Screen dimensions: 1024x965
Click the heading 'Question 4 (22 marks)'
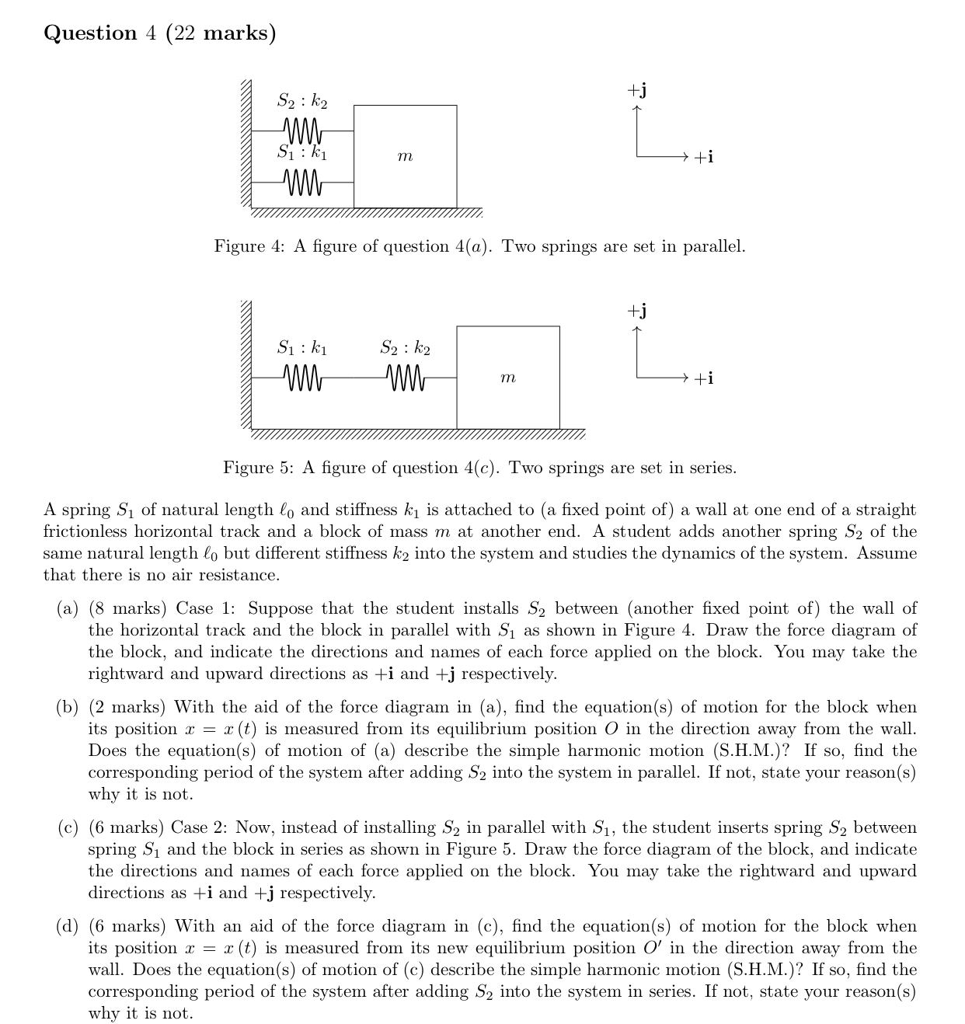(x=159, y=33)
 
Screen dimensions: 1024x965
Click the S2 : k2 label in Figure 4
(x=302, y=100)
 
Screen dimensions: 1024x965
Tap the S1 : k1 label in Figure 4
(x=302, y=153)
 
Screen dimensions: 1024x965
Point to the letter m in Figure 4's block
(x=405, y=157)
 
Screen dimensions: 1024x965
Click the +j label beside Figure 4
(x=637, y=91)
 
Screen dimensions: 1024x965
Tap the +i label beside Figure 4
(x=702, y=158)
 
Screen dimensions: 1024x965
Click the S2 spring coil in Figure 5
(x=405, y=378)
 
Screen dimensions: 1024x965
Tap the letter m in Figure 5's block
(x=507, y=378)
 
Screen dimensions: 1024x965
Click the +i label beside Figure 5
(x=702, y=378)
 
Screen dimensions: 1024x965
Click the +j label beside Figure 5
(x=637, y=312)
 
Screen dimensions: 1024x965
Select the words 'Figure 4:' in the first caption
(x=249, y=247)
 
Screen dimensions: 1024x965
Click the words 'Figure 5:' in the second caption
(x=258, y=468)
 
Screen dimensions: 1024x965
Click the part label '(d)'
(x=68, y=926)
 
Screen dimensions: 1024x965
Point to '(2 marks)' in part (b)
(x=127, y=707)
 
